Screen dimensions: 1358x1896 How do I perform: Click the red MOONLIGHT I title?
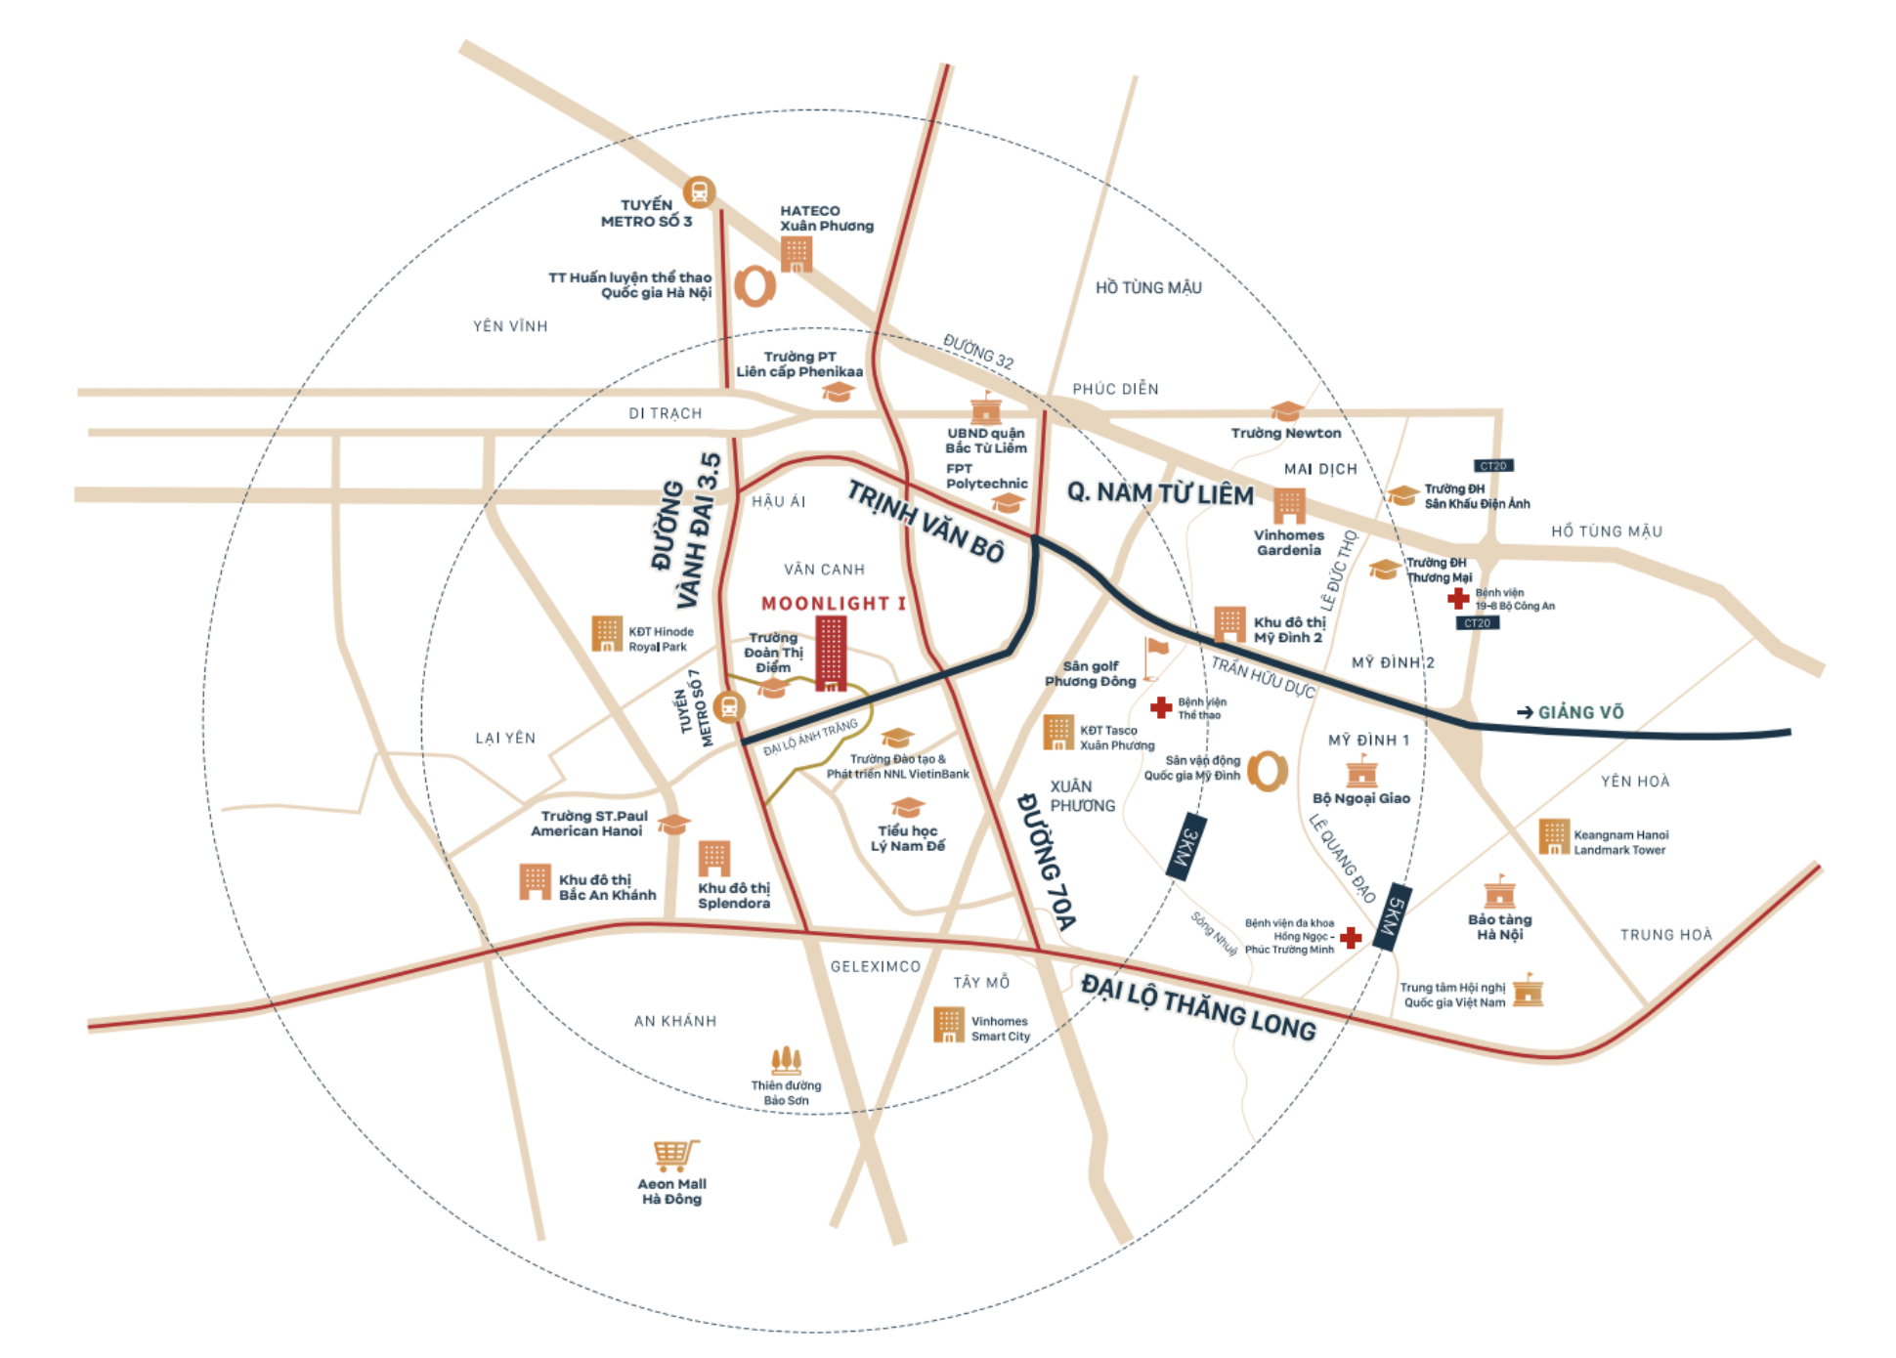coord(833,604)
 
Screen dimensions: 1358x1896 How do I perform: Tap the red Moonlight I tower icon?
coord(831,654)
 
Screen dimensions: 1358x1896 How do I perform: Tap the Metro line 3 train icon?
coord(699,192)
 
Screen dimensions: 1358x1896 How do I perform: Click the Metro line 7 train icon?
coord(728,706)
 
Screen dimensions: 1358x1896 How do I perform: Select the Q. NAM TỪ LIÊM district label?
coord(1160,493)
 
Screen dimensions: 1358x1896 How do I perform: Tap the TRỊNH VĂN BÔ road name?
coord(925,522)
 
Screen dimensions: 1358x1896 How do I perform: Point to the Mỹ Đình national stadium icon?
coord(1267,771)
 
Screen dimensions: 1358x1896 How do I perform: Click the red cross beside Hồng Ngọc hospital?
coord(1351,938)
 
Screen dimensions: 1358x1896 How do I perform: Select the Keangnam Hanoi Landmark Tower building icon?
coord(1553,836)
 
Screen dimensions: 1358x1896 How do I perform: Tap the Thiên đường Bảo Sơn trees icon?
coord(786,1060)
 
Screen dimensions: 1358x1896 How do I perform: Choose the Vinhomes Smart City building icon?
coord(948,1025)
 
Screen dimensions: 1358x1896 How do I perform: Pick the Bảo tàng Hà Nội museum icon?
coord(1499,892)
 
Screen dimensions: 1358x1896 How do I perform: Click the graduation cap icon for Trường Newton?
coord(1286,410)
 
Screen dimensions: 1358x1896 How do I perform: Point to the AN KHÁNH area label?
coord(674,1021)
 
